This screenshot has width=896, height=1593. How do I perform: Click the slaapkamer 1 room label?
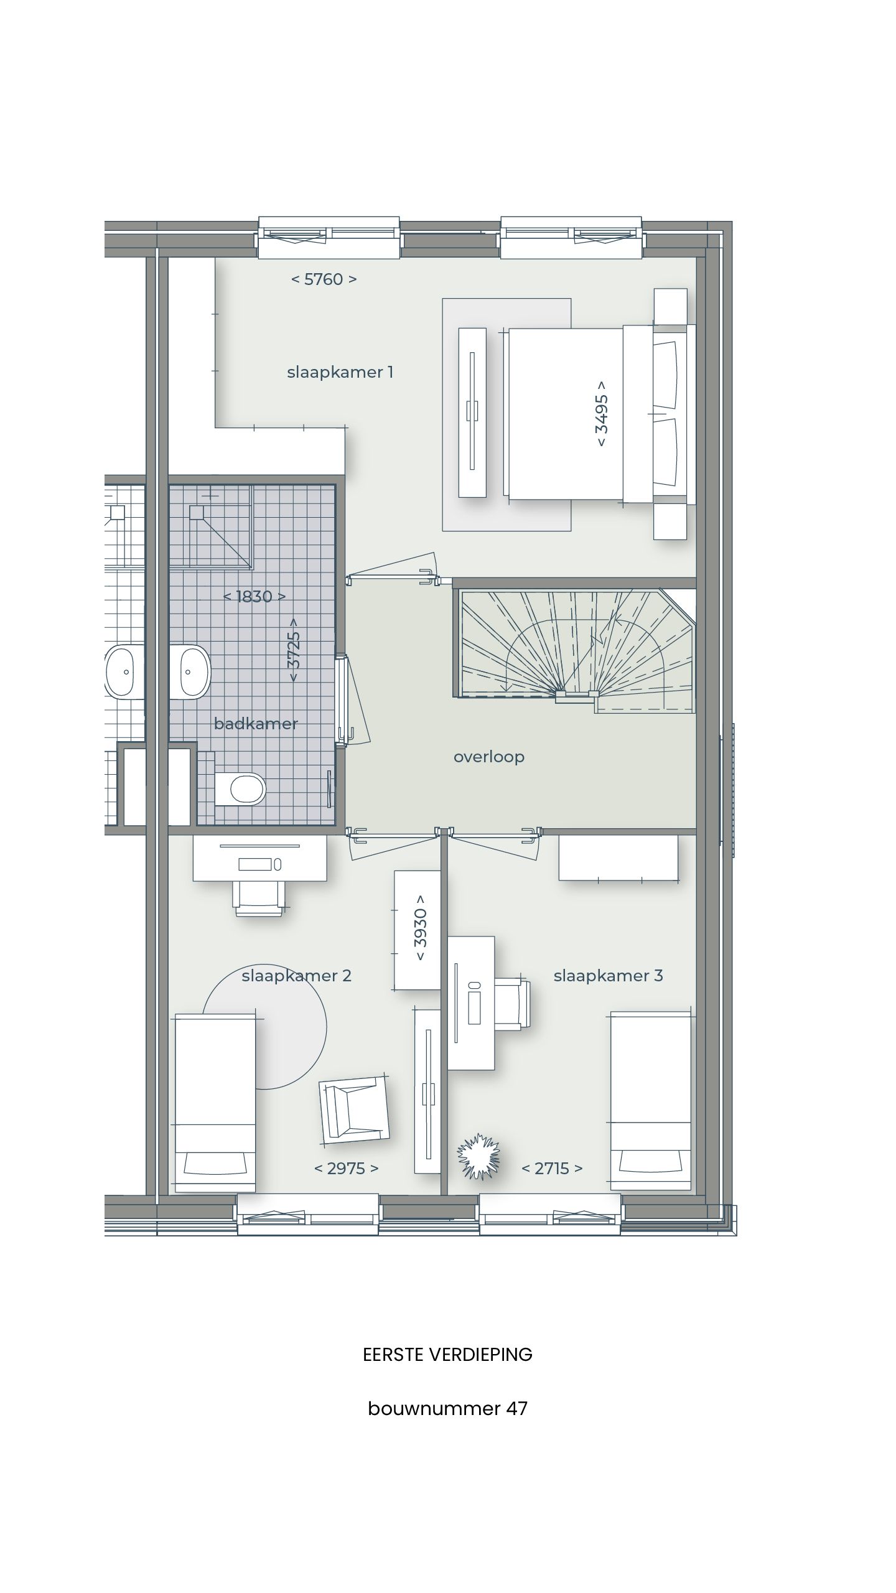[340, 372]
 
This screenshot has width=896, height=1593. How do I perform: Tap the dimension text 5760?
[324, 279]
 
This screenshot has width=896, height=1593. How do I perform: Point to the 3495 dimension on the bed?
[601, 413]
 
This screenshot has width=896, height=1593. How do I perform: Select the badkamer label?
[256, 724]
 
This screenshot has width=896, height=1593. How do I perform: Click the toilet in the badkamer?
[243, 789]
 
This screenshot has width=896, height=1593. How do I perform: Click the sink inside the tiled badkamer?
[190, 672]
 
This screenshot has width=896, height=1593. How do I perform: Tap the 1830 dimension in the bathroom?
[254, 597]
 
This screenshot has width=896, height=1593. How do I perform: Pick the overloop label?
[488, 757]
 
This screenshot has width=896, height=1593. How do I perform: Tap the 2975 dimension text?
[346, 1168]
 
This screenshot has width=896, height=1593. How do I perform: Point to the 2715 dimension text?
[551, 1168]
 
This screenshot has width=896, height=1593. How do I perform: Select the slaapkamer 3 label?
[608, 975]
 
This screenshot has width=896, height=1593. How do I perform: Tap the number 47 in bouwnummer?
[516, 1426]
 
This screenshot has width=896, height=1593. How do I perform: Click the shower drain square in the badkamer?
[197, 512]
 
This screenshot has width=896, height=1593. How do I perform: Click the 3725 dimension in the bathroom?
[295, 650]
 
